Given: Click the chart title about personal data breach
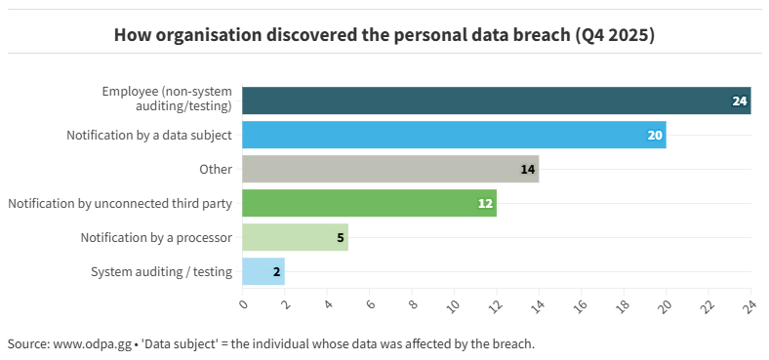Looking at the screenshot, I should pos(384,35).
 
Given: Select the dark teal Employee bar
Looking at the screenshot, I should pos(496,100).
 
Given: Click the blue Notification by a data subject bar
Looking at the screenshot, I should pos(454,135).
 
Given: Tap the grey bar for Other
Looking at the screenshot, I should pos(390,169).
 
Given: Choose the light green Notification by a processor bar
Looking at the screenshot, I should pos(295,237).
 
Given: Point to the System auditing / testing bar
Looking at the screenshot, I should pos(263,271).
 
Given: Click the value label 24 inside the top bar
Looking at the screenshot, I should pos(740,100).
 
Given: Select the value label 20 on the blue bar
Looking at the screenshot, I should pos(655,135).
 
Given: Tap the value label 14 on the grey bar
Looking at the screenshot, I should pos(528,169).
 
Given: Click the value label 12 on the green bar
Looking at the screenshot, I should pos(485,203).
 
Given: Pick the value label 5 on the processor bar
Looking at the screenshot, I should pos(341,237).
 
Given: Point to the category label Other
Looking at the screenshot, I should pos(216,169).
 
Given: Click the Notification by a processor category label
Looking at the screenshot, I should pos(156,237).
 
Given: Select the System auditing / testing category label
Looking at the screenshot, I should pos(161,271).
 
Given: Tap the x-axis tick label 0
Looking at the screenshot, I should pos(244,303).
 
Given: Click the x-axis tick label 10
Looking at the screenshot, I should pos(454,305).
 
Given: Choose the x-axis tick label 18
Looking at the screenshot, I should pos(624,305).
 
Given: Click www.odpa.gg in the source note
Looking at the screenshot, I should pos(95,344).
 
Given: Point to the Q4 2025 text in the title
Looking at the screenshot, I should pos(614,35).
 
